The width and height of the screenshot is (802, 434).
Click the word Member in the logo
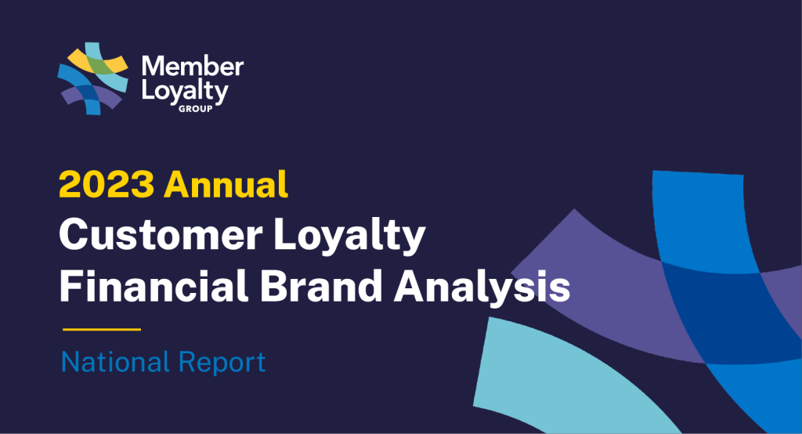coord(193,67)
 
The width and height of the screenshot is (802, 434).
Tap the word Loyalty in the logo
coord(185,92)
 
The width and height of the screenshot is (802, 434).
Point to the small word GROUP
coord(195,108)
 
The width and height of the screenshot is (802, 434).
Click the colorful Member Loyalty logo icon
coord(92,78)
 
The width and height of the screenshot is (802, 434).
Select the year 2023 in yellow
coord(107,184)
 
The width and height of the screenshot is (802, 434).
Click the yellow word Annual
coord(226,184)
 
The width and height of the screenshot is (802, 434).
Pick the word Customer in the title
coord(161,235)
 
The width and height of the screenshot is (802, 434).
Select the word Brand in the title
coord(321,286)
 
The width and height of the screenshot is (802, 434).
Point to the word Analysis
coord(482,287)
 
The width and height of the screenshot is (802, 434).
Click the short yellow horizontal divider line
coord(102,330)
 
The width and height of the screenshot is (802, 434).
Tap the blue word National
coord(115,363)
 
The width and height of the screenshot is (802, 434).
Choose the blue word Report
coord(222,363)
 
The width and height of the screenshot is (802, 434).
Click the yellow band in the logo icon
coord(81,60)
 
